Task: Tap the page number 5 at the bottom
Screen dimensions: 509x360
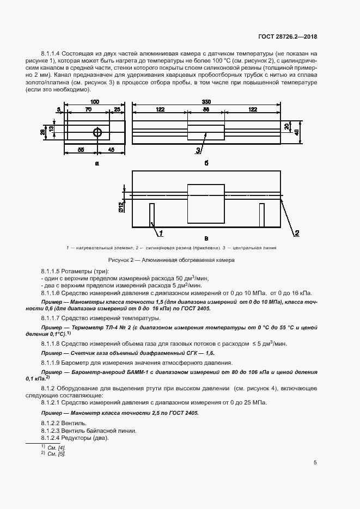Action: click(x=315, y=463)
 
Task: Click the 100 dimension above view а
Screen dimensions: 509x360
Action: click(x=95, y=102)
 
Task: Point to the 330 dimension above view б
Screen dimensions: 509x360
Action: click(x=206, y=102)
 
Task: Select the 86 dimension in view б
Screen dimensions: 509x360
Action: click(x=206, y=110)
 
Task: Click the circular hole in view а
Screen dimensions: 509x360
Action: click(x=97, y=132)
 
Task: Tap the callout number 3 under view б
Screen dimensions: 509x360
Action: click(x=198, y=150)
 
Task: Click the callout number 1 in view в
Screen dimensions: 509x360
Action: click(x=161, y=234)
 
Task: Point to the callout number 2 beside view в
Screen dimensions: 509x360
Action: click(x=297, y=234)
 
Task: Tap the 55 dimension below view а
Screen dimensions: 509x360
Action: click(x=81, y=149)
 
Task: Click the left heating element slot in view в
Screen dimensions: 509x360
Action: click(x=152, y=214)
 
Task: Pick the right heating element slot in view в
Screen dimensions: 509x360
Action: click(x=262, y=214)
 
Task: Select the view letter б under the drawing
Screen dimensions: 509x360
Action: click(x=206, y=163)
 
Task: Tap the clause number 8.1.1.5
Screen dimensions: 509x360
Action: click(x=52, y=271)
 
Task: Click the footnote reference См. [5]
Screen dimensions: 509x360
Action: click(x=56, y=453)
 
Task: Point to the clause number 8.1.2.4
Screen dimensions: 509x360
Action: click(x=52, y=438)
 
